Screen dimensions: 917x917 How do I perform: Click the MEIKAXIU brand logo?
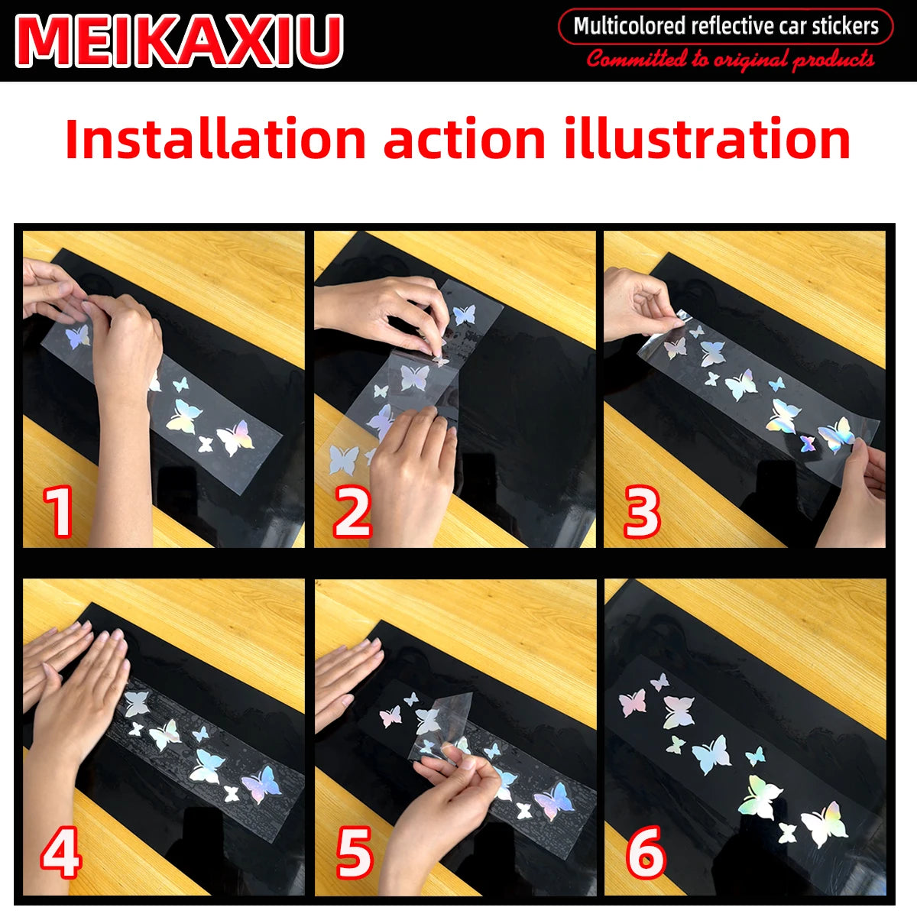coord(179,41)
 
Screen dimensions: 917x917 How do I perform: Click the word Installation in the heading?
coord(215,138)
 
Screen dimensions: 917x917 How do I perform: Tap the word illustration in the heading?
coord(707,138)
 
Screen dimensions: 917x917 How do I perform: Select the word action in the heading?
coord(465,138)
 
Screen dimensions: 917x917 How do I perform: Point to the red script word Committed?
coord(636,59)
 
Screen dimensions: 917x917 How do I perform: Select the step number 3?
coord(642,513)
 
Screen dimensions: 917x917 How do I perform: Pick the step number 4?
coord(61,852)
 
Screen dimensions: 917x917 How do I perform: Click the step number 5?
coord(355,852)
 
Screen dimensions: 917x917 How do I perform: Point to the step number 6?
coord(646,852)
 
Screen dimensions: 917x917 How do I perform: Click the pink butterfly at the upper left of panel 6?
coord(633,702)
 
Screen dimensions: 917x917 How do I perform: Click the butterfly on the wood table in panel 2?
coord(344,460)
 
